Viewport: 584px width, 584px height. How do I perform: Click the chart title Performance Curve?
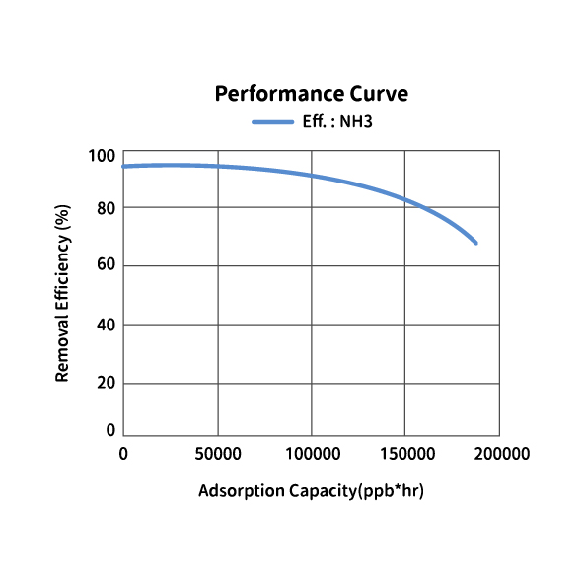tap(312, 93)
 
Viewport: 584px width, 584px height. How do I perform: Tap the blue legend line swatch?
tap(273, 122)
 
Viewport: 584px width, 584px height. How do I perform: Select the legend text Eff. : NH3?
tap(337, 121)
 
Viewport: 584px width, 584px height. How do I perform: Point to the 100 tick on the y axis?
tap(102, 156)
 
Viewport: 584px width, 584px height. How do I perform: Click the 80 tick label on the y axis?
tap(107, 208)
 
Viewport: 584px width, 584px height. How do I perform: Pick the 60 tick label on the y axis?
tap(107, 264)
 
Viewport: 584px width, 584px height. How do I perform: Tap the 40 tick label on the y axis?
tap(107, 325)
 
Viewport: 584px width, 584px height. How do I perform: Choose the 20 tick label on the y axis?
tap(107, 383)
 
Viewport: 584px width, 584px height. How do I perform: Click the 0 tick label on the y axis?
tap(110, 430)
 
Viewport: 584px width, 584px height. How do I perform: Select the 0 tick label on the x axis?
tap(123, 454)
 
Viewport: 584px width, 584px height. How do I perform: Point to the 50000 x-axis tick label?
tap(218, 454)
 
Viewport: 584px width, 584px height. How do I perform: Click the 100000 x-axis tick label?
tap(313, 454)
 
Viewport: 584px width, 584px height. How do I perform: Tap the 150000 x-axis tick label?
tap(407, 454)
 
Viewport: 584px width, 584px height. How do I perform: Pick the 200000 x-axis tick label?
tap(502, 454)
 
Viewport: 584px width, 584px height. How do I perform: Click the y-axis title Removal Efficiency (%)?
tap(62, 293)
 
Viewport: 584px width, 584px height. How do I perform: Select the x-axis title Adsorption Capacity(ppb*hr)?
tap(311, 491)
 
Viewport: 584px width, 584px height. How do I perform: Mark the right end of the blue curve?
tap(476, 243)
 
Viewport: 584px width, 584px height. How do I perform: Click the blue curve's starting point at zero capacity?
tap(123, 166)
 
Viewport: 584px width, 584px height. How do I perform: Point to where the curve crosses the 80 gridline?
tap(422, 207)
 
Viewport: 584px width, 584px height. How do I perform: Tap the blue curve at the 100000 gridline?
tap(312, 175)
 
